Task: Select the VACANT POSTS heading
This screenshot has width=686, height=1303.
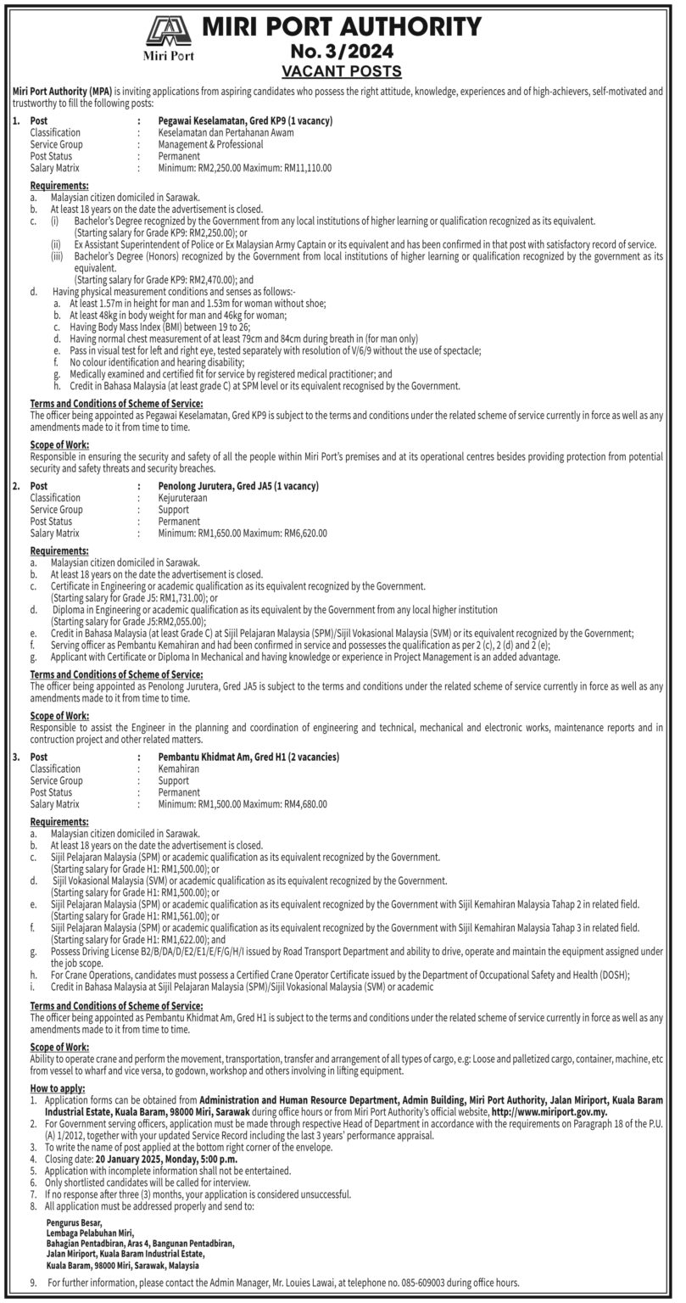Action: click(342, 70)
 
